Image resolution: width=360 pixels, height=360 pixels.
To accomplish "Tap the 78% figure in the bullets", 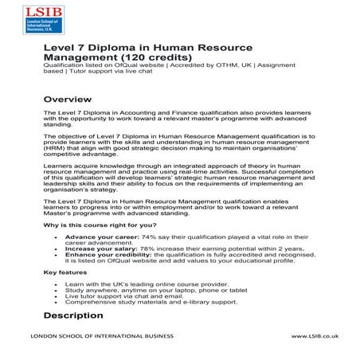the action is [x=147, y=248].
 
